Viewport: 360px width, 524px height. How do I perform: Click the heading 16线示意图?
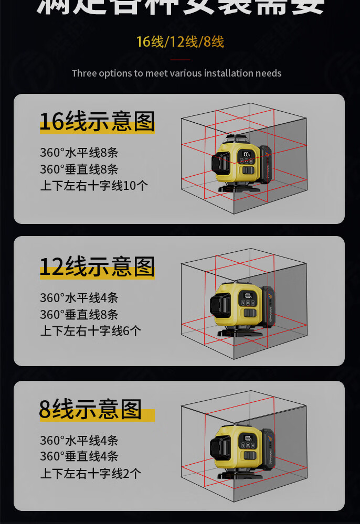(x=97, y=121)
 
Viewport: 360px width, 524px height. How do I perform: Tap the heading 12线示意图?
(x=97, y=266)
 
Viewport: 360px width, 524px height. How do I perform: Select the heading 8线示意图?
(x=90, y=409)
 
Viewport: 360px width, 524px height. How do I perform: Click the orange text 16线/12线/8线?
(x=180, y=42)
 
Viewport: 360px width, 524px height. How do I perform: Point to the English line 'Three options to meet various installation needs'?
(x=176, y=73)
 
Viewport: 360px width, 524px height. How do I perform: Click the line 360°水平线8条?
(x=79, y=153)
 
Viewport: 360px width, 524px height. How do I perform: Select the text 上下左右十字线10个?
(x=94, y=186)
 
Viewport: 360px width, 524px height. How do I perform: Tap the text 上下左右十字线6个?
(x=91, y=331)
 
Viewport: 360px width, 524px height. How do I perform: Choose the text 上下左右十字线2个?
(x=91, y=473)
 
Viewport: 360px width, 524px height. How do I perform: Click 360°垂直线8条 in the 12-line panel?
(x=79, y=315)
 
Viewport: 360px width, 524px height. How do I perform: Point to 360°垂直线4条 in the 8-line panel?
(x=79, y=456)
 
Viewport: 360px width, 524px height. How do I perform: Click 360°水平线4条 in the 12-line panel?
(x=79, y=298)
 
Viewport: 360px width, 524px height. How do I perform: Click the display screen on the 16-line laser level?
(x=247, y=155)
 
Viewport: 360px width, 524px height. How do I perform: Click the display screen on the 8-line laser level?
(x=247, y=438)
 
